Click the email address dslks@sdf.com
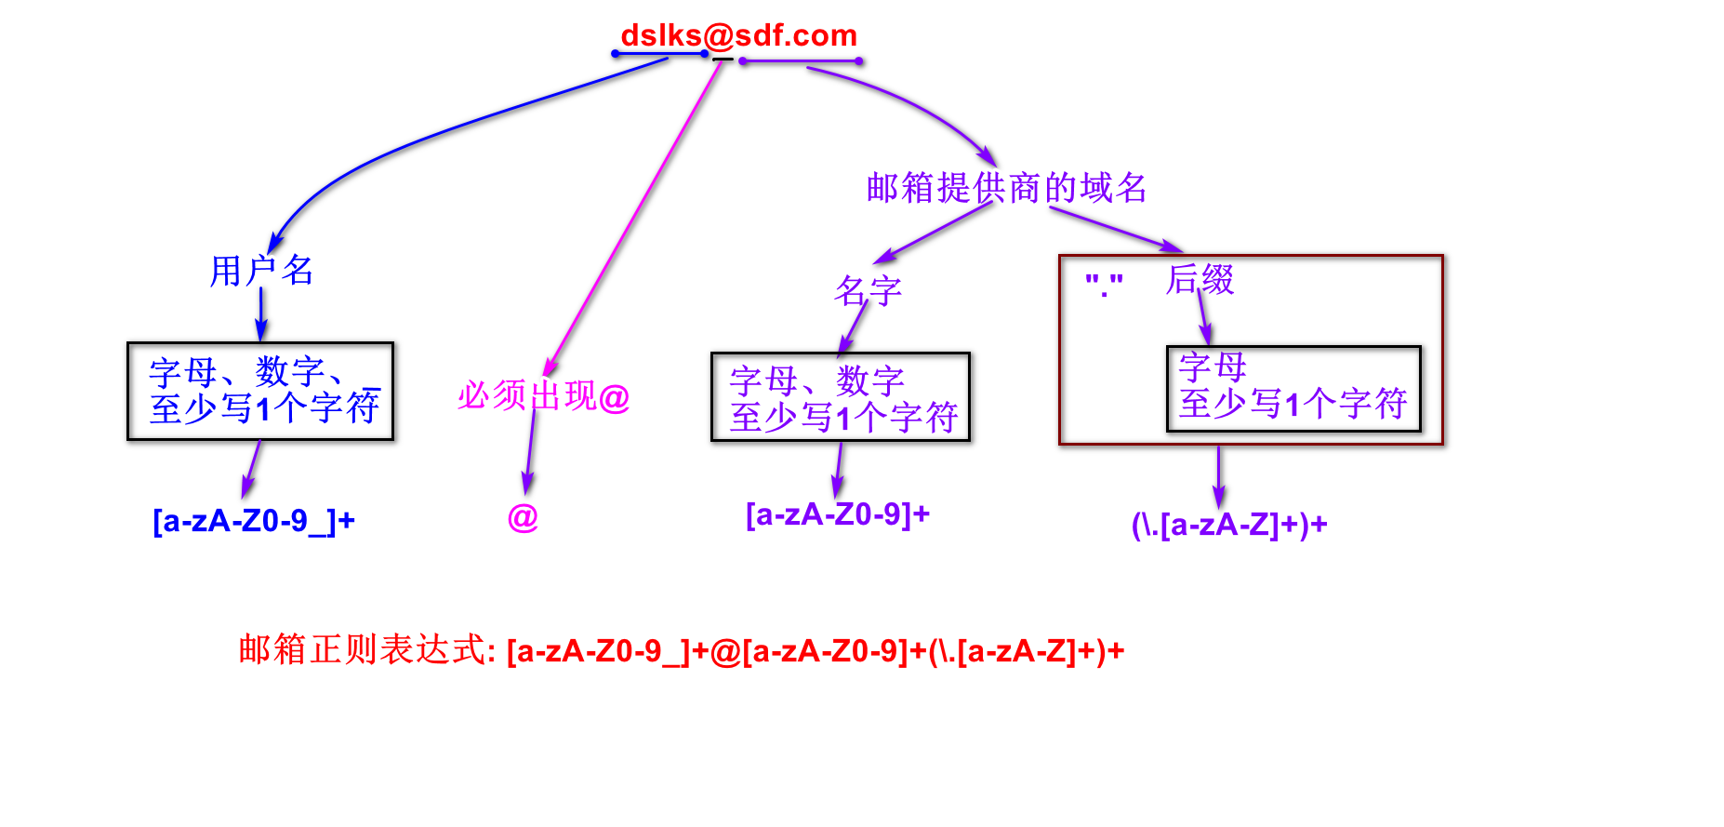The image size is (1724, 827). pyautogui.click(x=738, y=35)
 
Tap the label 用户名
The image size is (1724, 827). pyautogui.click(x=260, y=271)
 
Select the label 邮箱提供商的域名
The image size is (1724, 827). pyautogui.click(x=1006, y=188)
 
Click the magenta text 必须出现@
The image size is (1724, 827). pyautogui.click(x=544, y=396)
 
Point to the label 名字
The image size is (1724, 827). pyautogui.click(x=869, y=291)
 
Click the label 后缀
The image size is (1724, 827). pyautogui.click(x=1200, y=279)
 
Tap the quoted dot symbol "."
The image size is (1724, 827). pyautogui.click(x=1104, y=284)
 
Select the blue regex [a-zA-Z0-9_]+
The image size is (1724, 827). pyautogui.click(x=254, y=521)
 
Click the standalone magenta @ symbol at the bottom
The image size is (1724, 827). pyautogui.click(x=523, y=517)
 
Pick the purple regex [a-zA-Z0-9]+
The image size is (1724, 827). pyautogui.click(x=838, y=514)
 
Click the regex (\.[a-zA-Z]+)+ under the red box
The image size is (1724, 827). pyautogui.click(x=1228, y=526)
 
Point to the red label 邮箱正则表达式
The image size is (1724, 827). pyautogui.click(x=366, y=650)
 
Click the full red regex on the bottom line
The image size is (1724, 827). pyautogui.click(x=816, y=651)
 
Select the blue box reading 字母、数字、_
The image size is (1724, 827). pyautogui.click(x=260, y=391)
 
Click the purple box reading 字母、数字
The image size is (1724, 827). pyautogui.click(x=841, y=397)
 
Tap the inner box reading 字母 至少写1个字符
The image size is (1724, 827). pyautogui.click(x=1293, y=389)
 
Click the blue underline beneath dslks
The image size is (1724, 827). pyautogui.click(x=660, y=54)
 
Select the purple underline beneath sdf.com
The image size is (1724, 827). pyautogui.click(x=801, y=61)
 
